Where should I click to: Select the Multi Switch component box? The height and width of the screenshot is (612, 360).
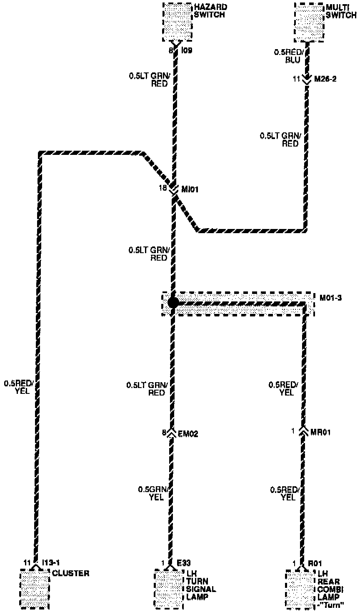point(309,22)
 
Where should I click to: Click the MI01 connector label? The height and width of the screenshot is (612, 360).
point(190,189)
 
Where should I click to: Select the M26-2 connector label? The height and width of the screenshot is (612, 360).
point(325,78)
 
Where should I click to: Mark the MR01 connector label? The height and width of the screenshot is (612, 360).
point(320,432)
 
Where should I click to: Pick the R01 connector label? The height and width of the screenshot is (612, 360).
point(315,563)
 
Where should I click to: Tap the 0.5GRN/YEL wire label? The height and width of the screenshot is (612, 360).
point(152,493)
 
